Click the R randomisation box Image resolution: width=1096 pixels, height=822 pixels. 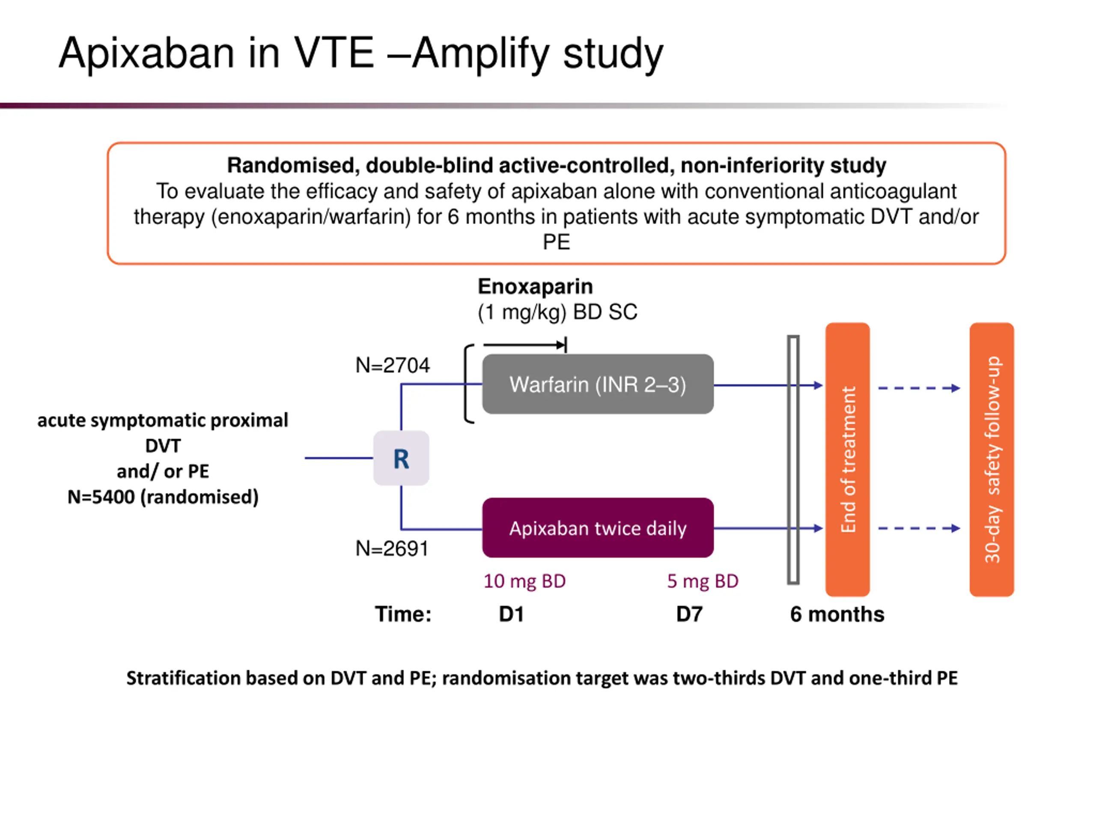(x=401, y=458)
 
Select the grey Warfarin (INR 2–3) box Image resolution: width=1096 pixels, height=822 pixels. (x=598, y=384)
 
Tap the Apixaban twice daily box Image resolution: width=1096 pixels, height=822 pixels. (x=598, y=528)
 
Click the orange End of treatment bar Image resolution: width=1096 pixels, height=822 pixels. (x=847, y=459)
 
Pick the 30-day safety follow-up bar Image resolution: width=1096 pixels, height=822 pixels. (x=992, y=459)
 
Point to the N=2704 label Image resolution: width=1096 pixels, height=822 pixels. (x=393, y=365)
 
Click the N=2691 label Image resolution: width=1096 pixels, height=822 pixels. (x=392, y=548)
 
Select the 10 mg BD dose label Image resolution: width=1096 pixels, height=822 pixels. (x=524, y=581)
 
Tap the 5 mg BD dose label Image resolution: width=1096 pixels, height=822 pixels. (x=702, y=581)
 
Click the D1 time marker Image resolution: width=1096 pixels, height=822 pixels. (x=511, y=614)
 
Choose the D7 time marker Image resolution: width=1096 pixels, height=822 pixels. (x=689, y=614)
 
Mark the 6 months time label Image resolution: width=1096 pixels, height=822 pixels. (x=837, y=614)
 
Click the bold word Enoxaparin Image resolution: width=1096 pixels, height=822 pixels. (x=535, y=286)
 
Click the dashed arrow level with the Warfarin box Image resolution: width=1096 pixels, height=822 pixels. (x=919, y=388)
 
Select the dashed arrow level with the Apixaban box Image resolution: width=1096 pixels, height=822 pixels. (x=919, y=528)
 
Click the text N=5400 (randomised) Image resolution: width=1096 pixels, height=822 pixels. (x=163, y=497)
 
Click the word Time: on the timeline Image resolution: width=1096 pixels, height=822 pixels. (x=403, y=614)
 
